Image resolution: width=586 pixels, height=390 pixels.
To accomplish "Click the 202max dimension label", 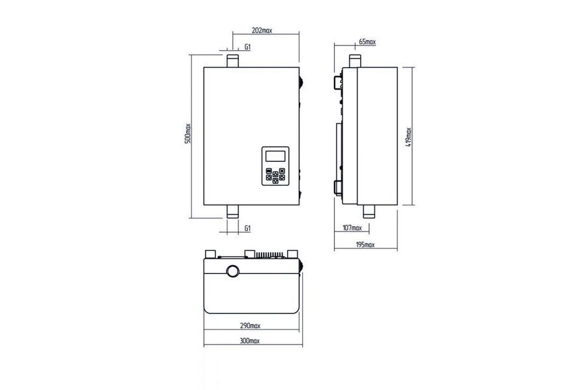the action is (x=262, y=31).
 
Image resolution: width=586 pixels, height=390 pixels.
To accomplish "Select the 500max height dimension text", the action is (x=188, y=133).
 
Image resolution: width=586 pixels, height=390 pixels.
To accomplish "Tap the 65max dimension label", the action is (x=367, y=42).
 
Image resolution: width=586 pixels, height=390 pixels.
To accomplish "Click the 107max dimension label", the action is (x=352, y=227).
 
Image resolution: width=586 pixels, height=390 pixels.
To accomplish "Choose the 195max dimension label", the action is (x=365, y=245).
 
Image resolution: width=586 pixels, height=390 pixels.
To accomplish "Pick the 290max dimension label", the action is (x=250, y=326).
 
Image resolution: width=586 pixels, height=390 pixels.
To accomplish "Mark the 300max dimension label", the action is (x=249, y=341).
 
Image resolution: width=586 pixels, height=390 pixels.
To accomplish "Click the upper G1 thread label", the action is (x=247, y=47).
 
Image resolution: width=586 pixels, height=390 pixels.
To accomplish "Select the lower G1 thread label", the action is (x=247, y=228).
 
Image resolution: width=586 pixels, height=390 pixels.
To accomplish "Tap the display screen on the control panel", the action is (x=275, y=155).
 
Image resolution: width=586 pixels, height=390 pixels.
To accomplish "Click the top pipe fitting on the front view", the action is (x=232, y=61).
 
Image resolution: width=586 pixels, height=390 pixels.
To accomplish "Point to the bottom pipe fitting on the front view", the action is (x=232, y=211).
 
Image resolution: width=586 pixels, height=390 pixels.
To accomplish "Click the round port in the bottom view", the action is (x=234, y=271).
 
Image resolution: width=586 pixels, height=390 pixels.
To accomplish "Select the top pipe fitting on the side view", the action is (x=355, y=61).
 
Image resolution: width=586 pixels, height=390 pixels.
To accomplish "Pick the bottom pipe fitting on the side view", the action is (x=369, y=211).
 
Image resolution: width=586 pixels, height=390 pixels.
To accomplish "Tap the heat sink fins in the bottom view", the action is (x=269, y=255).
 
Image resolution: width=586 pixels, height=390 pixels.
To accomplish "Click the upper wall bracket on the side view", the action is (x=338, y=81).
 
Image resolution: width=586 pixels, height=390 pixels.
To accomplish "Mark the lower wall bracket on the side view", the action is (x=338, y=188).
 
